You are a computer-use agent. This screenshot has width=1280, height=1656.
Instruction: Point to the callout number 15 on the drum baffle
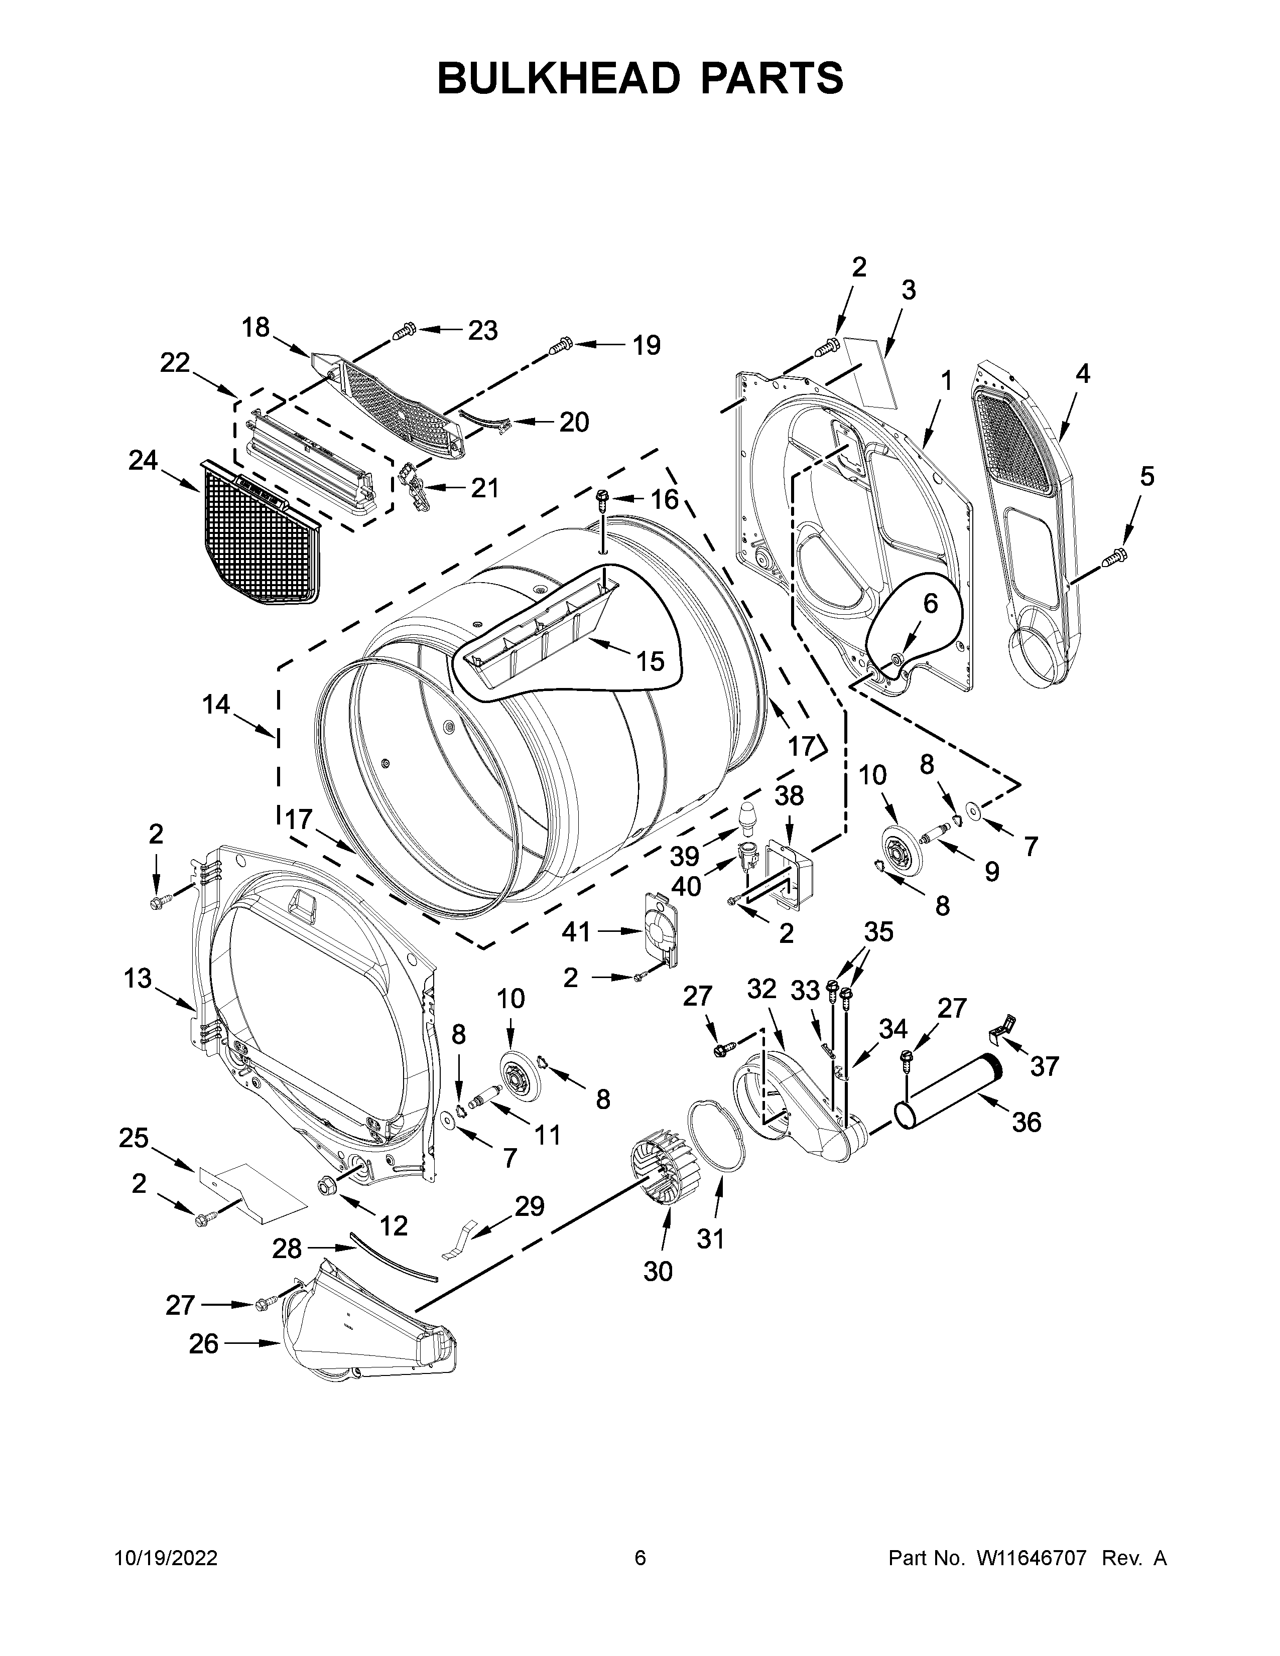coord(650,661)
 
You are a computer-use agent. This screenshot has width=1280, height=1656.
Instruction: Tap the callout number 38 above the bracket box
coord(789,796)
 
